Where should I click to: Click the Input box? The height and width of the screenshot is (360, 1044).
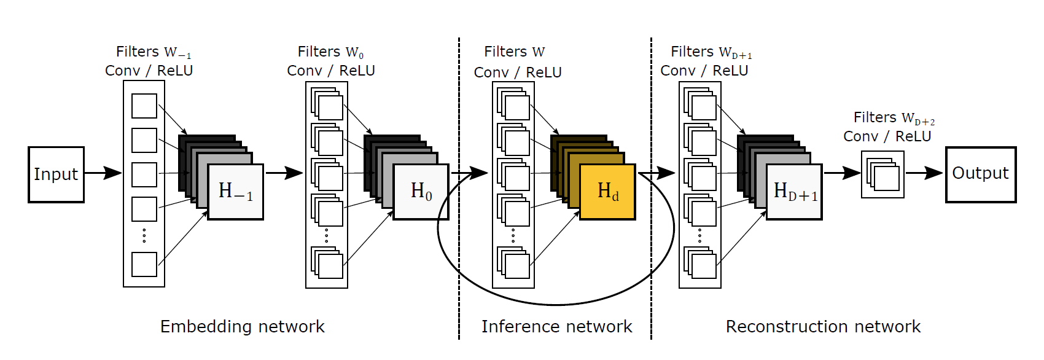[x=56, y=174]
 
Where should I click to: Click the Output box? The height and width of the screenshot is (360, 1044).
[x=980, y=174]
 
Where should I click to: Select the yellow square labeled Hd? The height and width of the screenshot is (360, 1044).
[x=607, y=192]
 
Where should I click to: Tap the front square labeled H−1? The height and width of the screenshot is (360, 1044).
[x=235, y=192]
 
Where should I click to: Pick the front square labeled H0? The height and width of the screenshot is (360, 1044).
[x=421, y=192]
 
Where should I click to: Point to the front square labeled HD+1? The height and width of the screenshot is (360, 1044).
[x=794, y=192]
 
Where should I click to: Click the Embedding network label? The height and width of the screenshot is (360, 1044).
[x=242, y=326]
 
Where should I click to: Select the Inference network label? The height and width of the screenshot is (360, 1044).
[x=556, y=326]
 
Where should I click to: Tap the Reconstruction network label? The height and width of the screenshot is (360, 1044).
[x=823, y=326]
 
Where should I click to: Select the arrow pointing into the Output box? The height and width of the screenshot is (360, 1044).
[x=924, y=173]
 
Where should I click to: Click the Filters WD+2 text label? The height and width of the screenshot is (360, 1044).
[x=894, y=117]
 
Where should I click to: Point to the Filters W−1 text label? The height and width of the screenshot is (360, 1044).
[x=153, y=52]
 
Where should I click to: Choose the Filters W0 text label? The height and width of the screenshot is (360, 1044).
[x=330, y=52]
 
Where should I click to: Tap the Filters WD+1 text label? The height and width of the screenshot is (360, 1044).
[x=711, y=52]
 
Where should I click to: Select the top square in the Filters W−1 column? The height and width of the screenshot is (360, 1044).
[x=144, y=106]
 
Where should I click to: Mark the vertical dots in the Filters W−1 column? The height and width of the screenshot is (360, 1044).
[x=144, y=235]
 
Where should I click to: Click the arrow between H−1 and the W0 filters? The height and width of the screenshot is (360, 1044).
[x=284, y=173]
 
